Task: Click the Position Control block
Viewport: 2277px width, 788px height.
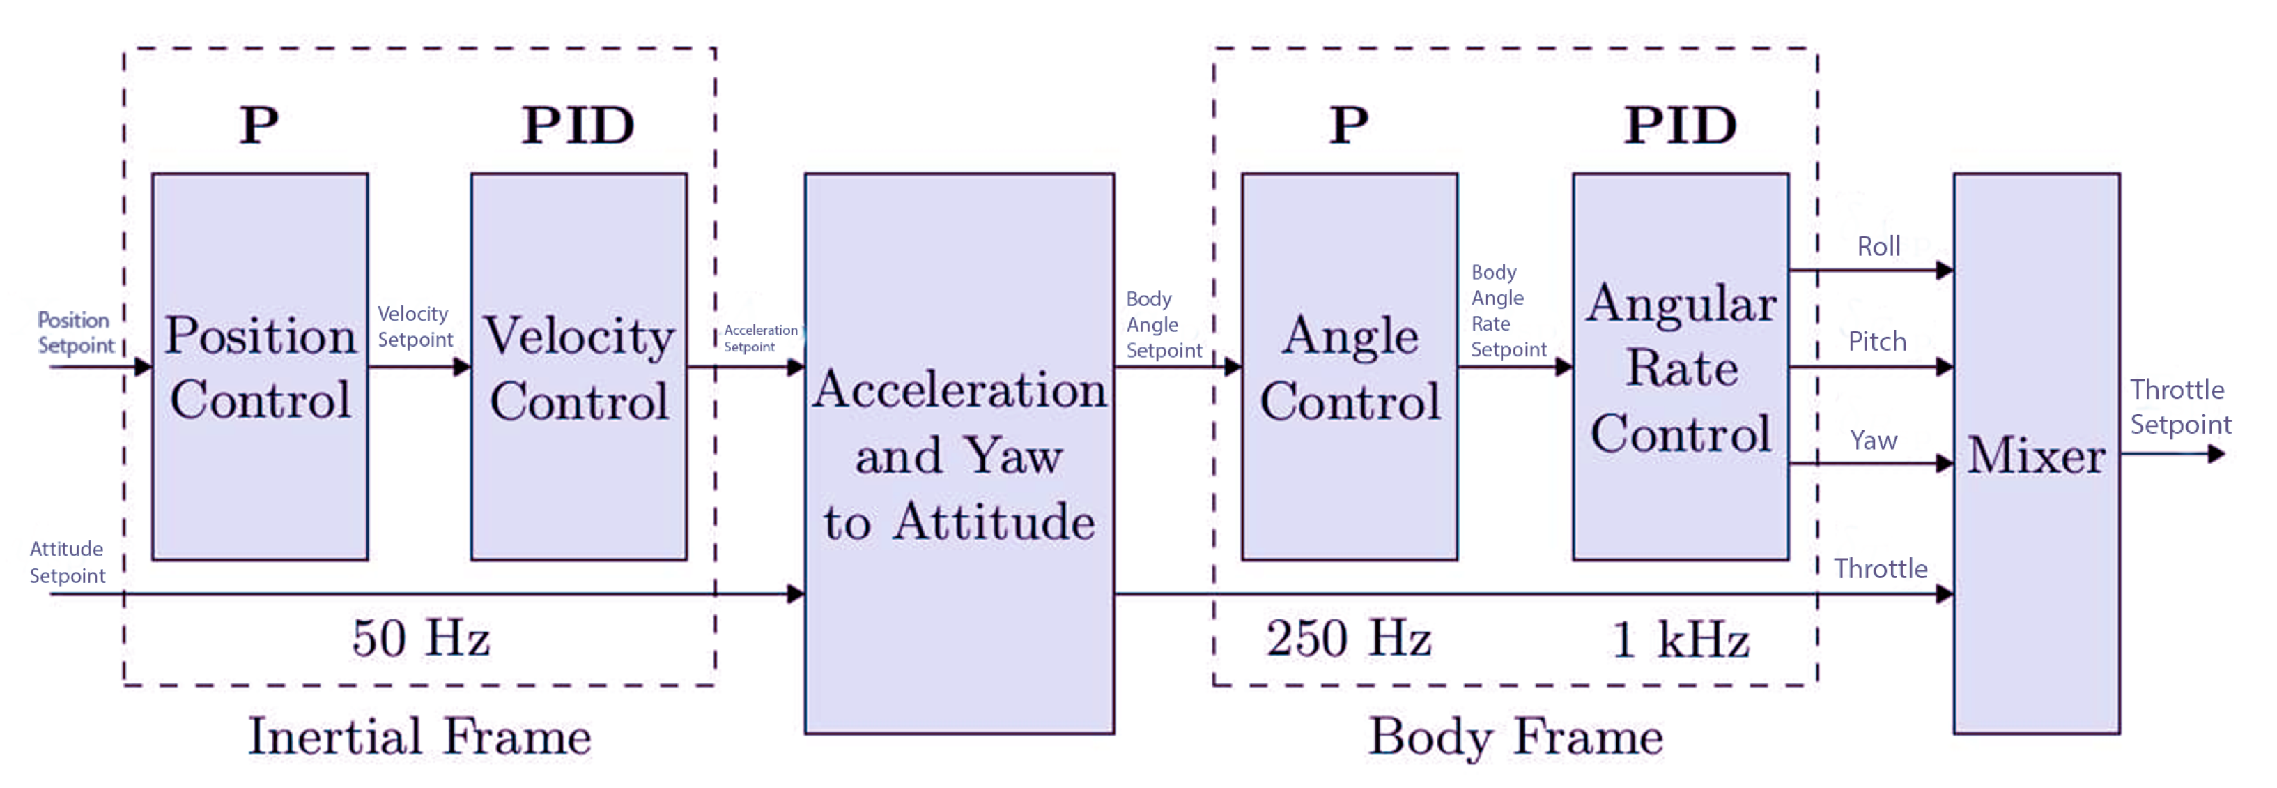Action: tap(260, 366)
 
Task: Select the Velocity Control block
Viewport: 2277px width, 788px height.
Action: tap(579, 366)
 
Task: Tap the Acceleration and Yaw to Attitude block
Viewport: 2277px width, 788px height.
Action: tap(959, 453)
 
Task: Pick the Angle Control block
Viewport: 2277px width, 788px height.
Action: tap(1349, 366)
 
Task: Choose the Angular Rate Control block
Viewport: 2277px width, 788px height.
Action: tap(1681, 366)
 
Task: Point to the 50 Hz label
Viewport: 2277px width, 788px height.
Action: tap(421, 637)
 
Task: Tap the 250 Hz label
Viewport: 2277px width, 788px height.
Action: tap(1348, 637)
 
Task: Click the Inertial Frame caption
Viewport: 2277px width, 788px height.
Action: tap(420, 736)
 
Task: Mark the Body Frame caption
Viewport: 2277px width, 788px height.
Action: tap(1515, 736)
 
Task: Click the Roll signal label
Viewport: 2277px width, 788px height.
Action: tap(1878, 247)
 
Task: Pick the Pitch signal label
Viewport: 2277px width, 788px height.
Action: tap(1876, 342)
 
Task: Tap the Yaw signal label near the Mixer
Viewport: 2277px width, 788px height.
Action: tap(1873, 439)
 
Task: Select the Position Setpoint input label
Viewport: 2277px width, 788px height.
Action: tap(75, 333)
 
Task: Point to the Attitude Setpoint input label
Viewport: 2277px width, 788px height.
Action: tap(67, 563)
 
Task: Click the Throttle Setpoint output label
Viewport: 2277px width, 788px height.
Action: tap(2179, 407)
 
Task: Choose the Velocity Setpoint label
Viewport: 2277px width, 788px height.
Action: tap(415, 326)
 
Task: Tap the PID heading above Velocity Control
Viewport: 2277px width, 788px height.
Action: tap(578, 125)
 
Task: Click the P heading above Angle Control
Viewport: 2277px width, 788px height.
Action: tap(1349, 125)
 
